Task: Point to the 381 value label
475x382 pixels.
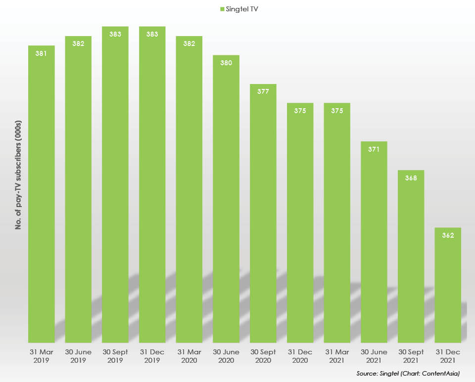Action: click(x=41, y=53)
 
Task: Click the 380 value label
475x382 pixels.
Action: click(x=226, y=63)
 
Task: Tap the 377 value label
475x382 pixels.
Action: click(x=263, y=91)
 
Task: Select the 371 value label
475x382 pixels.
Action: click(x=374, y=149)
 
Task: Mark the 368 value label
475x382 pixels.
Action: click(x=411, y=178)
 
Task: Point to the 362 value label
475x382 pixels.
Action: click(x=448, y=235)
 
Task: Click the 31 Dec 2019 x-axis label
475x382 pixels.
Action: click(x=152, y=356)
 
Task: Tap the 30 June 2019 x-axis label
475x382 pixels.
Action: click(x=78, y=356)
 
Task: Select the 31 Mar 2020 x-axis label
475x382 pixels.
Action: click(x=189, y=356)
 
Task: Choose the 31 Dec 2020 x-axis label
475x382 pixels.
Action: click(x=300, y=356)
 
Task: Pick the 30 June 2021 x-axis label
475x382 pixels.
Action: click(x=374, y=356)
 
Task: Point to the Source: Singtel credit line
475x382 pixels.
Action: click(x=408, y=374)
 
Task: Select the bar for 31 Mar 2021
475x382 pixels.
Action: click(x=337, y=222)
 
